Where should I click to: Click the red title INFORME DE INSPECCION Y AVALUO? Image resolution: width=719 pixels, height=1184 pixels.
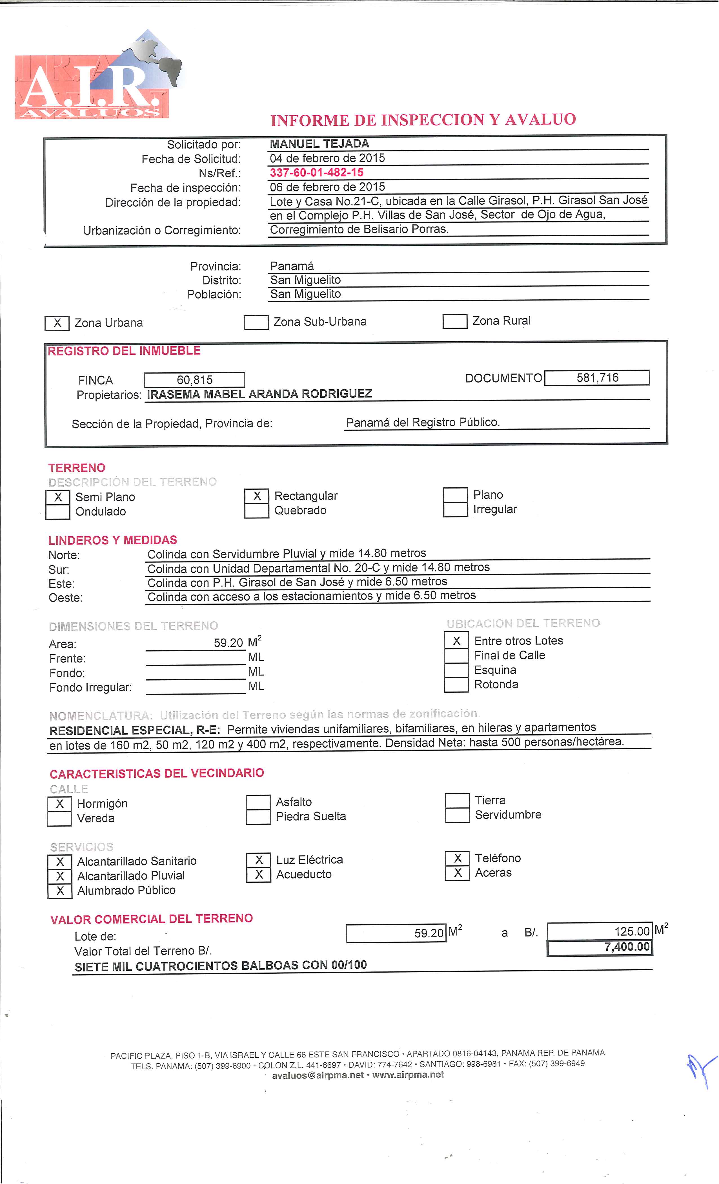click(x=423, y=120)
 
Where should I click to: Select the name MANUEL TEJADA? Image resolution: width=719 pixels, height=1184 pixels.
click(x=319, y=144)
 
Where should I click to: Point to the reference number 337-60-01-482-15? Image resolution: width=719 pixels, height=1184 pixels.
click(x=316, y=173)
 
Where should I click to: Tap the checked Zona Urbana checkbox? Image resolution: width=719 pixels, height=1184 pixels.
click(x=57, y=323)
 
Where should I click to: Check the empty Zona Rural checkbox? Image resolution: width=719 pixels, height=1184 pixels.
click(x=454, y=321)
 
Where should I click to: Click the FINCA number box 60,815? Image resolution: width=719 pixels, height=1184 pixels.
click(x=194, y=380)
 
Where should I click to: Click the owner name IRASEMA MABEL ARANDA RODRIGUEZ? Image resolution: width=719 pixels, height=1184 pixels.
click(x=259, y=394)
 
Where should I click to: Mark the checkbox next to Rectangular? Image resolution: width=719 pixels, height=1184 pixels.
click(x=257, y=496)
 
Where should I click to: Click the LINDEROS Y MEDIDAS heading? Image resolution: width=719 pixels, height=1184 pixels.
click(x=112, y=540)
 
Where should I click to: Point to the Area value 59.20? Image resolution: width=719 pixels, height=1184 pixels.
click(x=228, y=643)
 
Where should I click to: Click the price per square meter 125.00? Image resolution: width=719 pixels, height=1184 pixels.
click(x=632, y=931)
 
